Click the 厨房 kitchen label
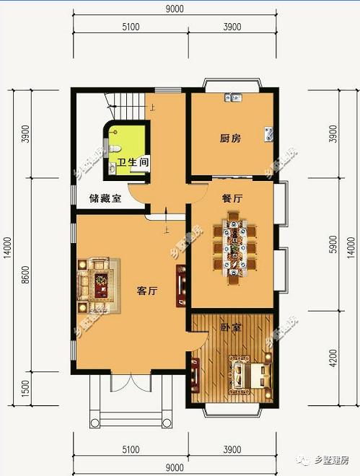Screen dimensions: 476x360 pyautogui.click(x=230, y=138)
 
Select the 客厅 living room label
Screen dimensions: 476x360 pyautogui.click(x=147, y=291)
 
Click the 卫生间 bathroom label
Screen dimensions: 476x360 pyautogui.click(x=133, y=163)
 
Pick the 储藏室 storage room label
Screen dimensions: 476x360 pyautogui.click(x=105, y=198)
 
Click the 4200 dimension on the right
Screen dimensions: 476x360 pyautogui.click(x=333, y=356)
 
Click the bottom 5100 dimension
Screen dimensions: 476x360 pyautogui.click(x=131, y=450)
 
